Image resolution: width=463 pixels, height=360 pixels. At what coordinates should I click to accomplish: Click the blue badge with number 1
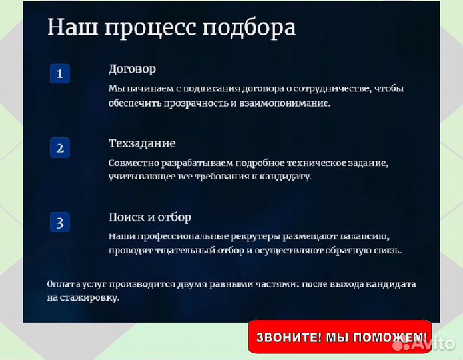click(x=60, y=74)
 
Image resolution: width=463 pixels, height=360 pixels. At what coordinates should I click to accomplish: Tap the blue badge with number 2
click(x=60, y=148)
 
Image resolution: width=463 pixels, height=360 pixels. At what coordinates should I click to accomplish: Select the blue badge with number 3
click(x=60, y=222)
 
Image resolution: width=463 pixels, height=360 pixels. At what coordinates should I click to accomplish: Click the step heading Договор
click(x=132, y=69)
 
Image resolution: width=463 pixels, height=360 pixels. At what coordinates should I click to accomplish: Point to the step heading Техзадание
click(x=142, y=143)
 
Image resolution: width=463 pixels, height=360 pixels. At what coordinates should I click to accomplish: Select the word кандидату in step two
click(x=285, y=177)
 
